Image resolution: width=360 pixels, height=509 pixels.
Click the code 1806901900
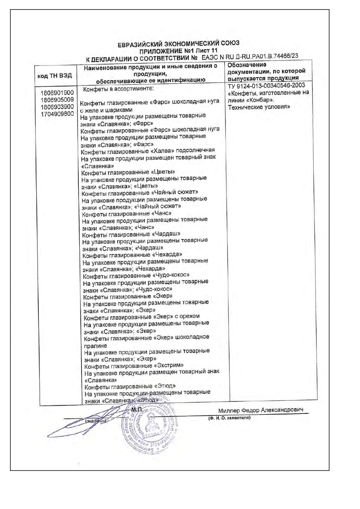[x=57, y=93]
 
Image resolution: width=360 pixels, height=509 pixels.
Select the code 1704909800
[x=57, y=114]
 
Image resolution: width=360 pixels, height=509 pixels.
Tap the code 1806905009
[x=57, y=100]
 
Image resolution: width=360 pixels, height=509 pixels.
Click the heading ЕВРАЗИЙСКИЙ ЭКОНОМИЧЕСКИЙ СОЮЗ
[x=178, y=44]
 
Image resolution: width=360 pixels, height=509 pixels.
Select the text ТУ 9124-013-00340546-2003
[x=267, y=85]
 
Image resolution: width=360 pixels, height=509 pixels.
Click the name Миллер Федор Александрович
[x=261, y=410]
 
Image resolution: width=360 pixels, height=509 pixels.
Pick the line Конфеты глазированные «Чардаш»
[x=131, y=234]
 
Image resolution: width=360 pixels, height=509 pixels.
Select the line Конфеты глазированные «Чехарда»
[x=132, y=255]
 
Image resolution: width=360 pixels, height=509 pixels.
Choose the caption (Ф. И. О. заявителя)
[x=229, y=418]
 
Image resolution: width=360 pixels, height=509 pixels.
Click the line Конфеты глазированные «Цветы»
[x=128, y=173]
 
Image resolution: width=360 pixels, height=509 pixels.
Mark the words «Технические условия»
[x=259, y=107]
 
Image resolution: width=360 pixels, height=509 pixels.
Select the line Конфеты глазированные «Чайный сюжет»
[x=140, y=193]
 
